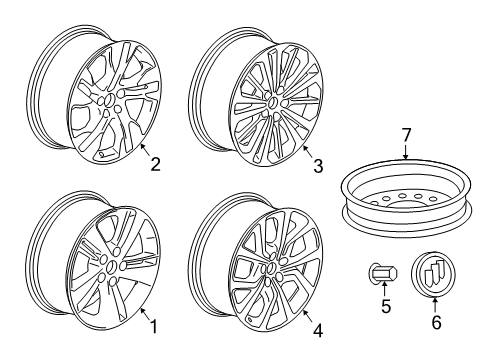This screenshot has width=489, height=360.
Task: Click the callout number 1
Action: tap(153, 326)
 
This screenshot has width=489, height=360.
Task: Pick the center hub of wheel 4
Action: tap(271, 269)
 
